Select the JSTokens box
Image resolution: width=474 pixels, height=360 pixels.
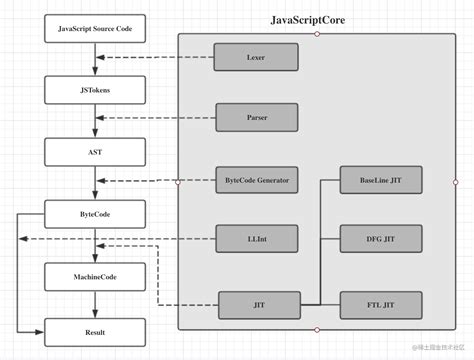pos(94,90)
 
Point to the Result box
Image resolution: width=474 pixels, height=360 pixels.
pos(94,331)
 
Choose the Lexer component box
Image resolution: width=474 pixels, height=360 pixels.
pos(256,58)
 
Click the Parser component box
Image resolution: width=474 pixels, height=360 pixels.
pos(256,118)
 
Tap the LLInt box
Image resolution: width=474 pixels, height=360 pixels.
pos(256,239)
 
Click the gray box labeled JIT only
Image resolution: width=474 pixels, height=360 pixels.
pos(259,303)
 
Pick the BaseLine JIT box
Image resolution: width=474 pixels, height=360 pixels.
pos(380,180)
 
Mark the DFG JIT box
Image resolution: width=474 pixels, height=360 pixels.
pos(380,239)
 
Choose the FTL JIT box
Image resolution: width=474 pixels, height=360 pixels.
pos(380,303)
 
